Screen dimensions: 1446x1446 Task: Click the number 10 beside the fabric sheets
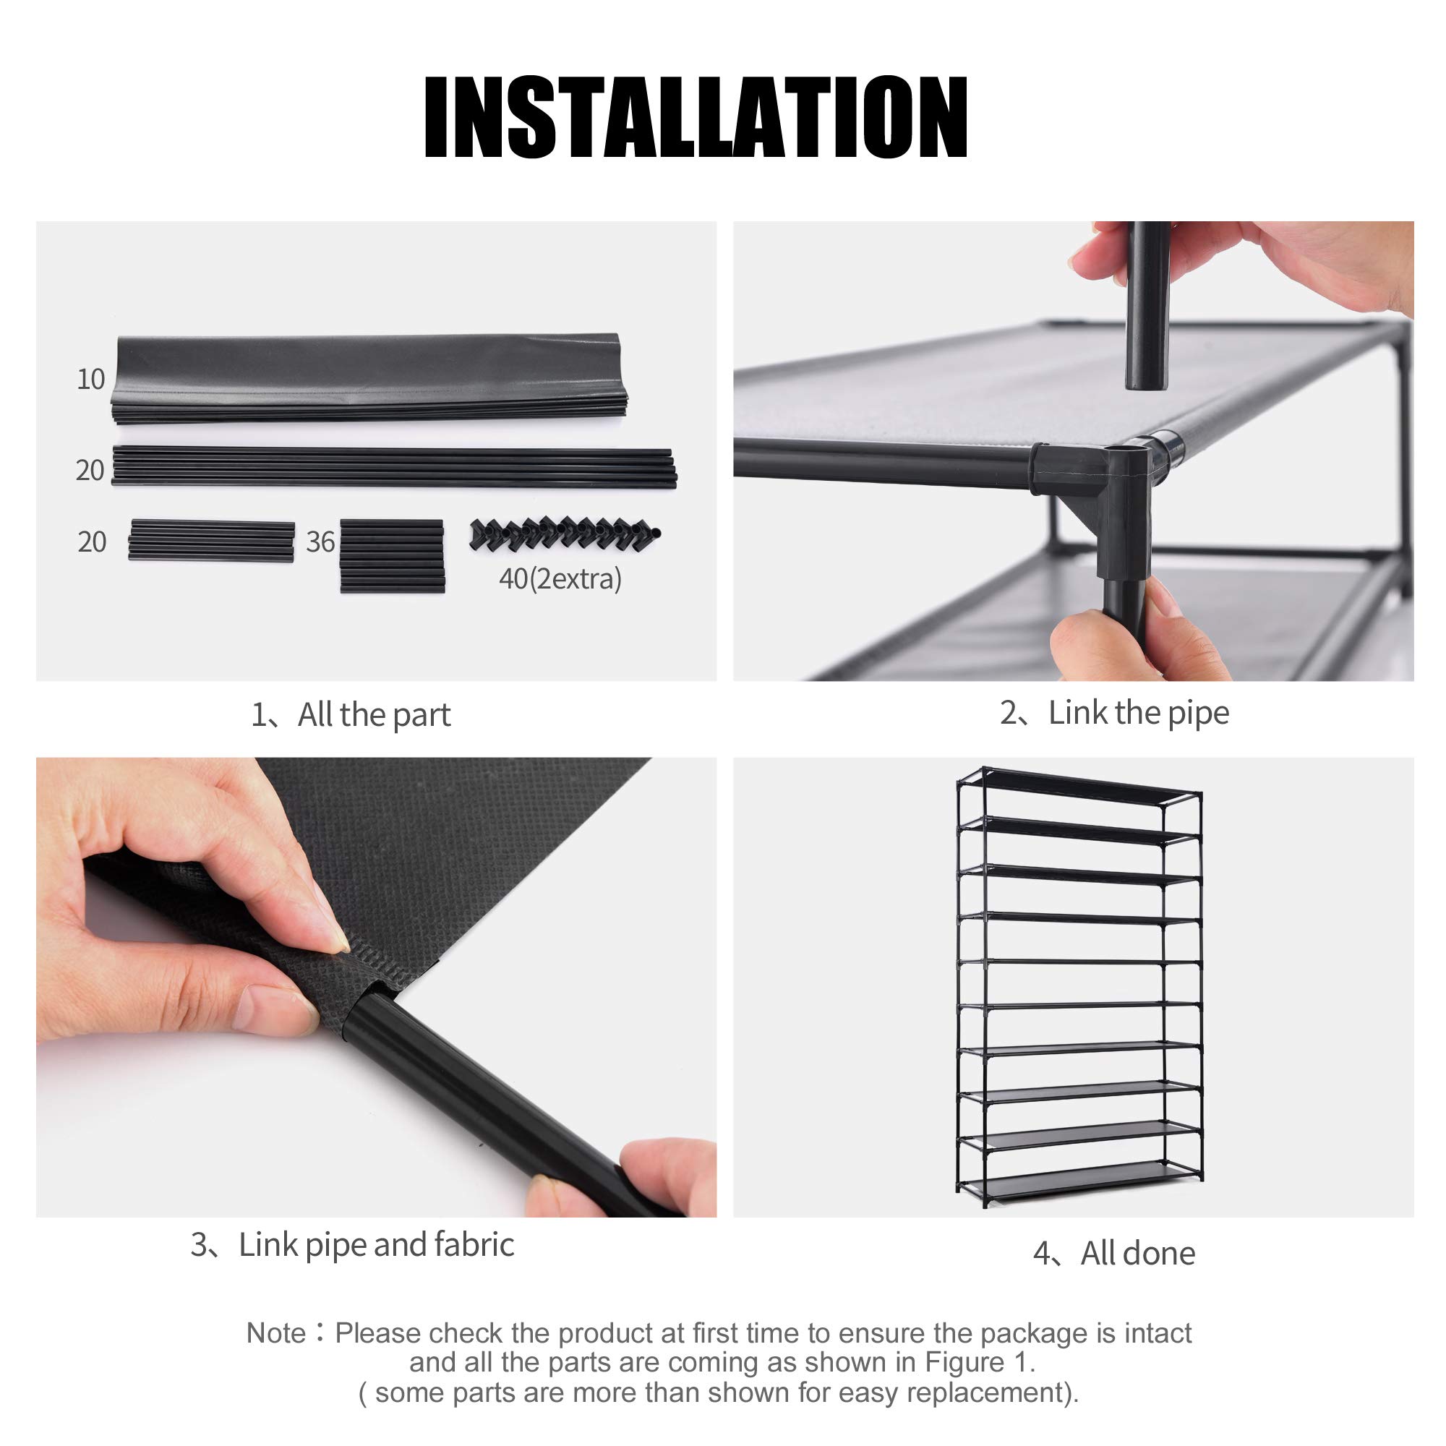click(90, 380)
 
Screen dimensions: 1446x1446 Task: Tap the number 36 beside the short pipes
click(320, 542)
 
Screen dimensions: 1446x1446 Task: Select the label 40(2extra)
click(560, 578)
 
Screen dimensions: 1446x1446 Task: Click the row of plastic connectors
click(565, 533)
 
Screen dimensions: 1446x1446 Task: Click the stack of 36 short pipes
click(392, 556)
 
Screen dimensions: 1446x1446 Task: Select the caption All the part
click(351, 715)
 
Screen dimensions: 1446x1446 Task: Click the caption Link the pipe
click(1114, 713)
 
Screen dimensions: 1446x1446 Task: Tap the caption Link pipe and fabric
click(353, 1245)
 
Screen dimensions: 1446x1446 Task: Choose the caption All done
click(1113, 1253)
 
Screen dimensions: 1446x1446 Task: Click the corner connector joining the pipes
click(1100, 487)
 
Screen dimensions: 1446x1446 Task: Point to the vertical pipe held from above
click(1147, 307)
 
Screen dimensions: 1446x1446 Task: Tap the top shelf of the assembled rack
click(1078, 788)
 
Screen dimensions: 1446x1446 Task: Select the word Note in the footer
click(275, 1333)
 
